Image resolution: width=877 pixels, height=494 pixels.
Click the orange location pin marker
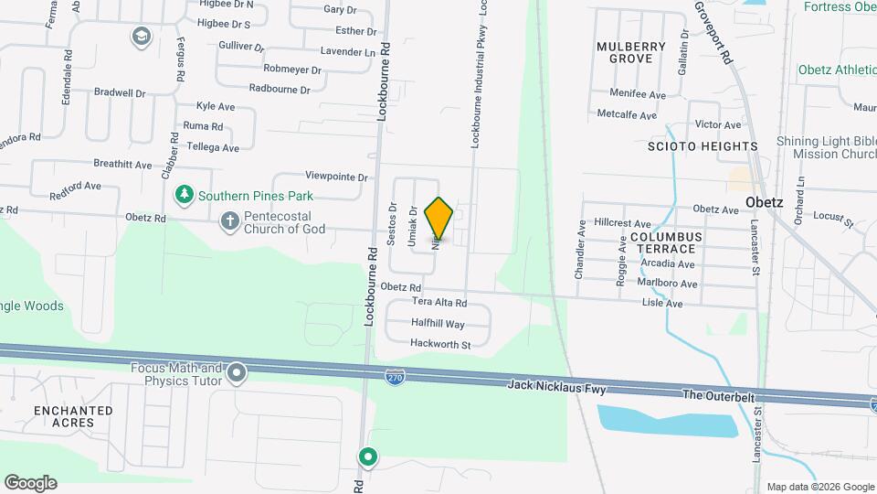coord(439,218)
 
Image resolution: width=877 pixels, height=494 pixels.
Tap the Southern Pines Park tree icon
coord(185,195)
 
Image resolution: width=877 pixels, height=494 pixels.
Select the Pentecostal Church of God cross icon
coord(229,220)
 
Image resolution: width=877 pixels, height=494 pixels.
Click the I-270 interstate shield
coord(394,375)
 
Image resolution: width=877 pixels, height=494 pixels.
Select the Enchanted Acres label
coord(73,417)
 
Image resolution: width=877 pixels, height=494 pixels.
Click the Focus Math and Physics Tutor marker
coord(238,372)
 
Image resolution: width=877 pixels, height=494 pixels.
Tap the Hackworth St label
coord(440,345)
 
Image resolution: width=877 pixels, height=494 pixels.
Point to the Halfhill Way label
coord(438,324)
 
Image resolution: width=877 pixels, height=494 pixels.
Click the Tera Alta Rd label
coord(439,303)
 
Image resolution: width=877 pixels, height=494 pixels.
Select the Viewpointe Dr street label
coord(336,177)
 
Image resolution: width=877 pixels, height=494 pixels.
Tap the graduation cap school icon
coord(141,36)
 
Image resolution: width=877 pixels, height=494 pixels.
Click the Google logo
coord(30,483)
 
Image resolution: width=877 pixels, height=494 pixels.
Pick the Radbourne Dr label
coord(280,90)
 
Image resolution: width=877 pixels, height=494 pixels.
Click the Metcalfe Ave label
coord(626,115)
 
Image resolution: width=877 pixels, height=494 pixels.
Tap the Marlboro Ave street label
coord(670,284)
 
